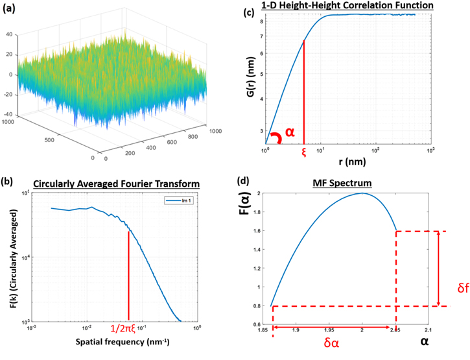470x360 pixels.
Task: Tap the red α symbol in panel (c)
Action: pyautogui.click(x=290, y=132)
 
